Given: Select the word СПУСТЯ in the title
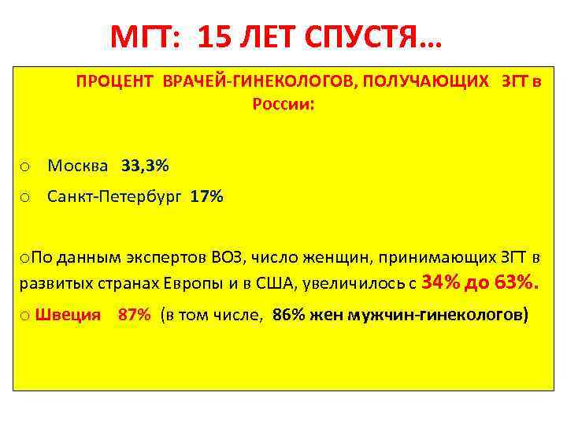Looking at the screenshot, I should [377, 36].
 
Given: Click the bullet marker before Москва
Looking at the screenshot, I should [25, 167].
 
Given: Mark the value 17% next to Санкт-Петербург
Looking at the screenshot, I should [206, 197].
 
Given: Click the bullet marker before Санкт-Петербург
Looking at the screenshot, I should [25, 198].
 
